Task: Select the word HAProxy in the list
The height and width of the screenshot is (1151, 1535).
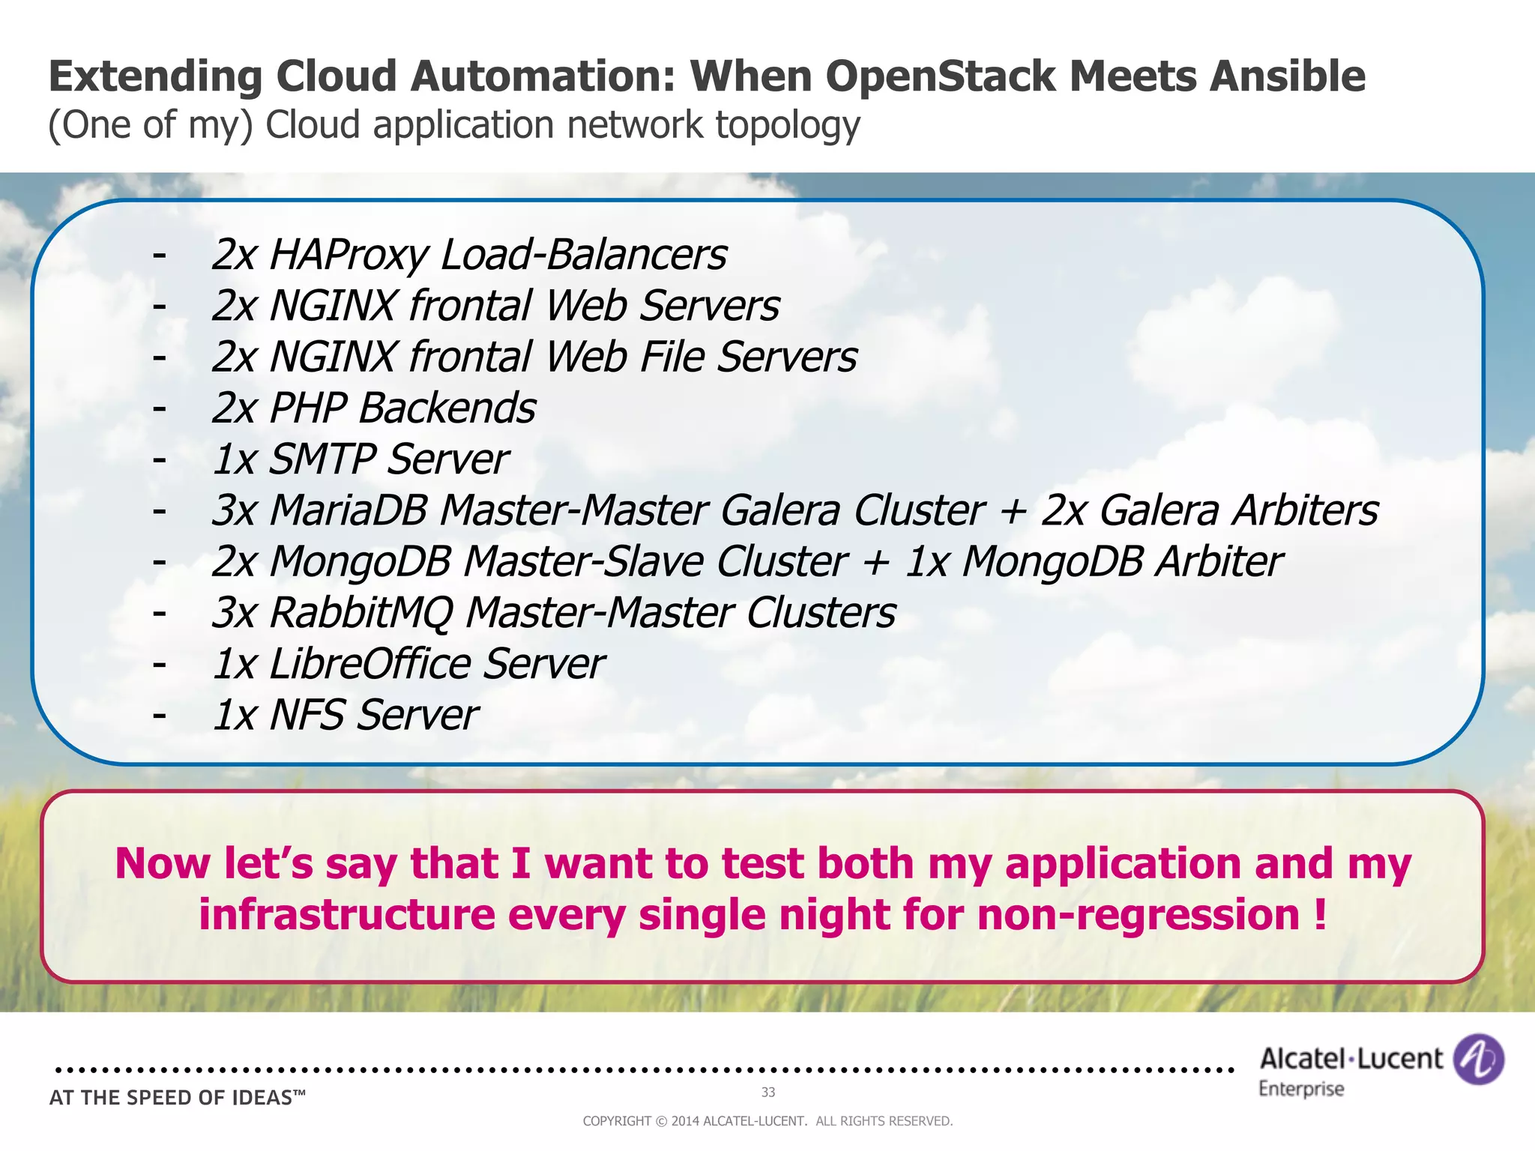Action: click(349, 256)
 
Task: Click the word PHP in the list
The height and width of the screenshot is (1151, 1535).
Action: click(308, 408)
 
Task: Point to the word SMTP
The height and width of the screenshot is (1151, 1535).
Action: click(322, 459)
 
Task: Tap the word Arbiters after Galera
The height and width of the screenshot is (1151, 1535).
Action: click(1305, 511)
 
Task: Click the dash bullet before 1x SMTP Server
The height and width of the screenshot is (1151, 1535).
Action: click(159, 459)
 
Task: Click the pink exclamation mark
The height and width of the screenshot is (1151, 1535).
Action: click(1320, 914)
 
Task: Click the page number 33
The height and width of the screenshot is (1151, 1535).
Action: click(768, 1092)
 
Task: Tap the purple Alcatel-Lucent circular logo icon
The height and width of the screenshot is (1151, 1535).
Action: click(1478, 1059)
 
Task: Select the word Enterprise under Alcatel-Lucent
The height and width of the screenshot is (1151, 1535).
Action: click(1301, 1089)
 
